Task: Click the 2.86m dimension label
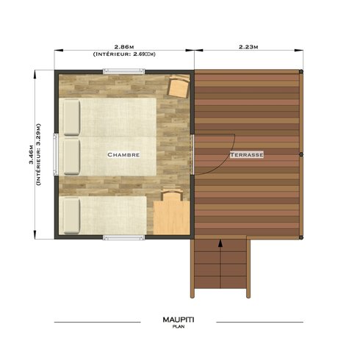click(123, 46)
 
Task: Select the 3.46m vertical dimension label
click(32, 156)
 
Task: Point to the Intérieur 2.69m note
click(123, 54)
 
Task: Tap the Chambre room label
click(123, 155)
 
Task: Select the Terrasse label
click(245, 155)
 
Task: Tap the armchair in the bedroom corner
click(179, 87)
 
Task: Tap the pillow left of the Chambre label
click(71, 156)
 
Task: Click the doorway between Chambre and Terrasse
click(193, 154)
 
